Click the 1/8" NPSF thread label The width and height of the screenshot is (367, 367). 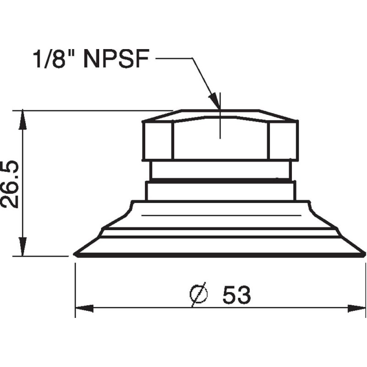pos(92,59)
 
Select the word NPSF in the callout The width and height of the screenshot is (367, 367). pos(117,59)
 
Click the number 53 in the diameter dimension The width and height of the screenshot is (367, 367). pos(237,295)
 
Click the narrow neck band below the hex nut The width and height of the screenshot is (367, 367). pos(220,169)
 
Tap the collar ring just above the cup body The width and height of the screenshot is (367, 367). pos(220,191)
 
